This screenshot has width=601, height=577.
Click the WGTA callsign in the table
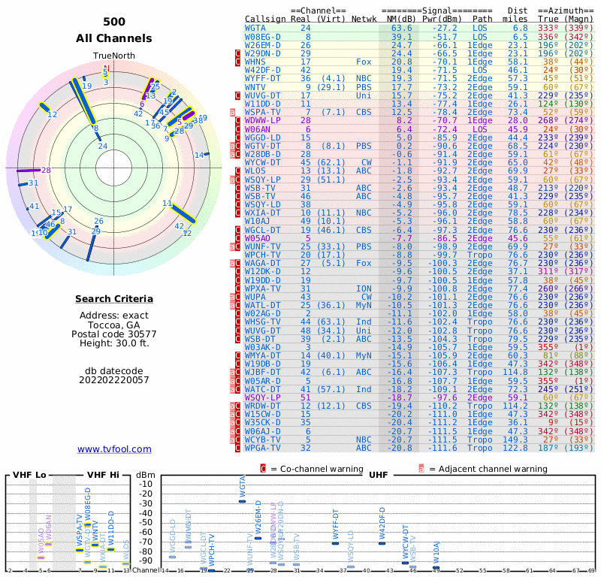click(256, 28)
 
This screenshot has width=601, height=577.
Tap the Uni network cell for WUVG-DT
click(364, 95)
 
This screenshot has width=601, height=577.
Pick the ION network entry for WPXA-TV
click(364, 288)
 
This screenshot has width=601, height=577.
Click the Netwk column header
click(364, 18)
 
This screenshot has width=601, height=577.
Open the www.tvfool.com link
click(114, 449)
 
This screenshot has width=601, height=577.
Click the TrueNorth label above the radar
click(113, 56)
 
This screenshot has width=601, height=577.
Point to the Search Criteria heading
click(113, 299)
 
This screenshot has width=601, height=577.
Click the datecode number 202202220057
click(113, 379)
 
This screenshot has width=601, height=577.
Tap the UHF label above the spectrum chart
click(378, 475)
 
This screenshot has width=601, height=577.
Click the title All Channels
click(113, 38)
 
